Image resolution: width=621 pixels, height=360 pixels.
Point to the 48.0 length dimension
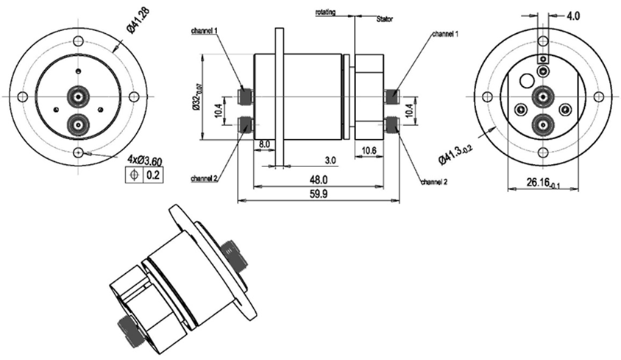click(x=318, y=180)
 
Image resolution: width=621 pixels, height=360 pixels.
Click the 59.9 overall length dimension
click(x=318, y=193)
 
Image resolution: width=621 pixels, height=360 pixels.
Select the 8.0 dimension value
click(x=266, y=145)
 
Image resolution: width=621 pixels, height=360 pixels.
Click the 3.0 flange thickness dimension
click(x=330, y=159)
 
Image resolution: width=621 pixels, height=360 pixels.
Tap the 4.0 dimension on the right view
click(x=574, y=15)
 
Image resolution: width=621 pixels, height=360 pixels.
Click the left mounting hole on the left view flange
click(x=23, y=96)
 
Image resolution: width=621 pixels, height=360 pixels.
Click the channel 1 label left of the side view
click(x=204, y=31)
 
